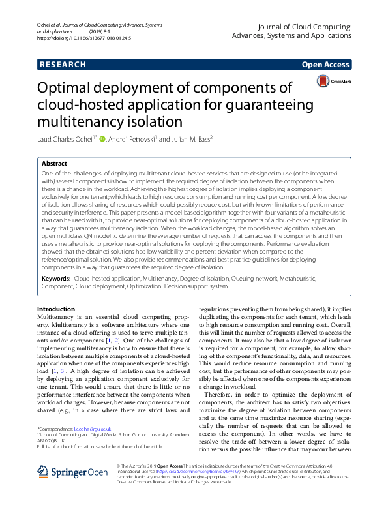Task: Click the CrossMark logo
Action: pos(333,82)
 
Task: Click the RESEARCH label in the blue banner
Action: pos(63,65)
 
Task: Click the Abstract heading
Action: pos(54,164)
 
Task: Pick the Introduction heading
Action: pos(57,309)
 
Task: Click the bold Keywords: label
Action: pos(57,278)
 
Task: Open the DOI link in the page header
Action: pos(85,38)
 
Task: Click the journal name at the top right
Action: pos(292,31)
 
